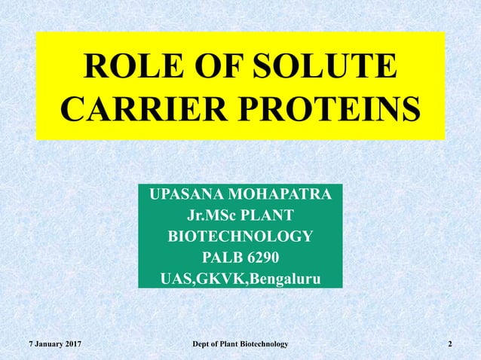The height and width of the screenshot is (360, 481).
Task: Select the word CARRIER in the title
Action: [134, 109]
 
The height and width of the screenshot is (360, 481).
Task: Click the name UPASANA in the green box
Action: [189, 196]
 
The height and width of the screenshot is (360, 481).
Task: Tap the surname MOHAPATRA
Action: [280, 196]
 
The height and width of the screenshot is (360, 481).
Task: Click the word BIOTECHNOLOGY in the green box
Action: [240, 238]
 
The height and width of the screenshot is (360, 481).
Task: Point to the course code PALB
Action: [221, 259]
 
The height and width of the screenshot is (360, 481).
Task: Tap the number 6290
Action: [263, 259]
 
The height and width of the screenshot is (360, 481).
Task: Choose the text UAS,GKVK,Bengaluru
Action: [240, 280]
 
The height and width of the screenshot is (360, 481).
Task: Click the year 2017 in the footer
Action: [71, 344]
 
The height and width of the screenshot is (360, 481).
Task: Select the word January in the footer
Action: [42, 344]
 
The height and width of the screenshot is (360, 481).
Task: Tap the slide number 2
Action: [450, 344]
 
